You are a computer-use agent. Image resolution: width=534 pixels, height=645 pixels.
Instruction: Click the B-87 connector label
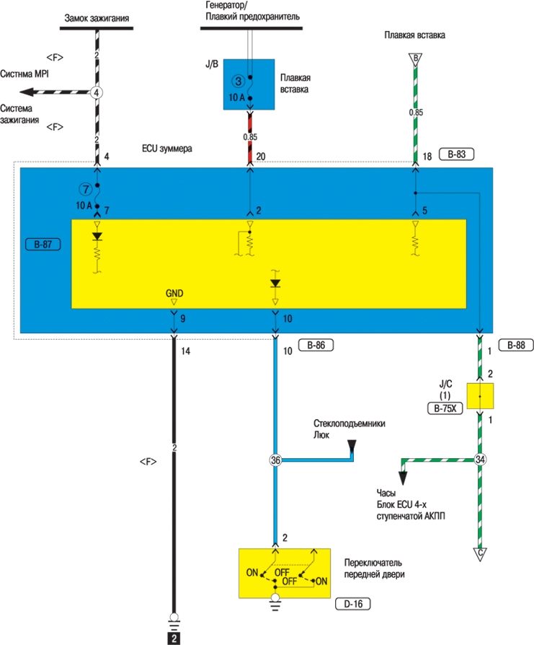pyautogui.click(x=42, y=245)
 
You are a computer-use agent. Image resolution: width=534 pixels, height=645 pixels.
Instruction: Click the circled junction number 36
pyautogui.click(x=275, y=460)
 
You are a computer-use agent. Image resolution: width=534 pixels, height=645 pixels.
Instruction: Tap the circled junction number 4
pyautogui.click(x=97, y=92)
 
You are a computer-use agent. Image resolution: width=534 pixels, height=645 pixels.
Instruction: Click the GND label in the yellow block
pyautogui.click(x=174, y=294)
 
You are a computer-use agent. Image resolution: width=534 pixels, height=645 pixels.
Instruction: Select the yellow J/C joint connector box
pyautogui.click(x=480, y=397)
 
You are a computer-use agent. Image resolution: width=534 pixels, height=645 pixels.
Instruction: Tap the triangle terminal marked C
pyautogui.click(x=480, y=554)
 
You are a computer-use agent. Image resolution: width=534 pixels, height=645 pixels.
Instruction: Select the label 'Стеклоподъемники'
pyautogui.click(x=348, y=424)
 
